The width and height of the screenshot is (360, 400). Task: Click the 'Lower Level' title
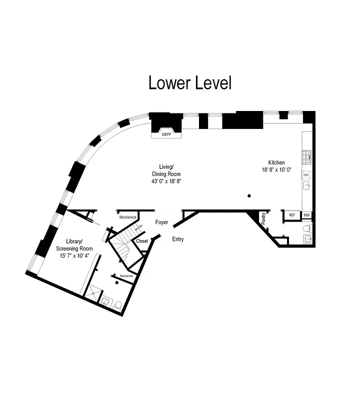click(190, 83)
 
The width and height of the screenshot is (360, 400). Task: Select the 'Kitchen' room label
click(276, 162)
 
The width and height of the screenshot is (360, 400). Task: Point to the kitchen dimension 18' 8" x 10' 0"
click(276, 170)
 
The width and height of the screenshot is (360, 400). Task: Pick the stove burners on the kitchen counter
click(306, 157)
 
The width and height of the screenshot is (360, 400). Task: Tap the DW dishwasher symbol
click(306, 174)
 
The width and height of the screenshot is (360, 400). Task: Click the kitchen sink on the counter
click(306, 185)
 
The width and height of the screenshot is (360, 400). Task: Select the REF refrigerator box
click(291, 215)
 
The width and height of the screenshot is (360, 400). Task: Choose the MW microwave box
click(306, 215)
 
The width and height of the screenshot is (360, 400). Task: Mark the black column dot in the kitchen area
click(249, 195)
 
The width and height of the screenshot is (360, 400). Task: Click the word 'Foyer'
click(161, 221)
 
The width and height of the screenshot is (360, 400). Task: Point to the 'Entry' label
click(177, 239)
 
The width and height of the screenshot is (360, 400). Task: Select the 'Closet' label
click(142, 241)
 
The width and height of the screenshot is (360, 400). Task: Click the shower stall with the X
click(93, 293)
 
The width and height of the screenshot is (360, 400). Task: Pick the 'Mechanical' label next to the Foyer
click(127, 217)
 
